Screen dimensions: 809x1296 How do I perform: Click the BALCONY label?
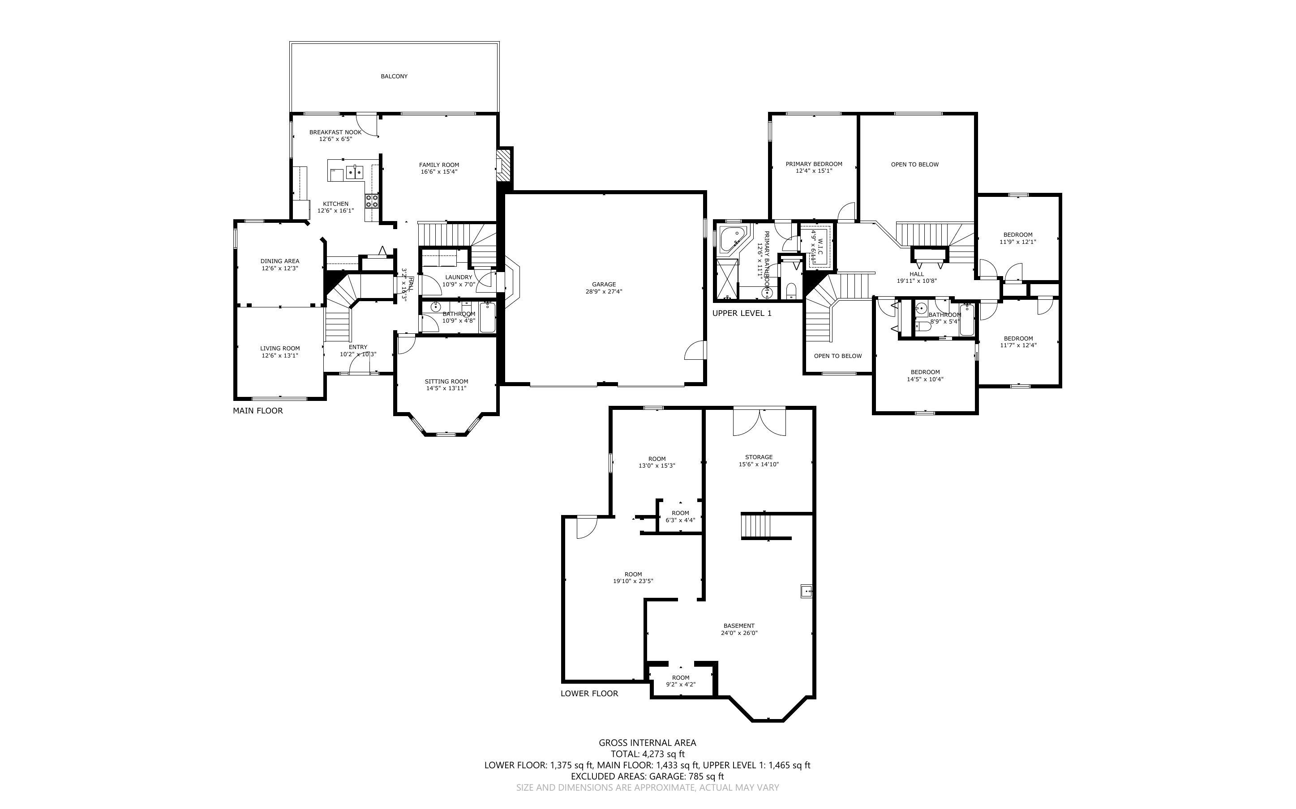394,77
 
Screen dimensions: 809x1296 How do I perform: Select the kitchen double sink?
354,172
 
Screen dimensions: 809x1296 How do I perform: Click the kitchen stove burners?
372,200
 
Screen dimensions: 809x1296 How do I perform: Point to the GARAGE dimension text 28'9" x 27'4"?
604,292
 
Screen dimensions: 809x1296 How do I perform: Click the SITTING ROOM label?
446,382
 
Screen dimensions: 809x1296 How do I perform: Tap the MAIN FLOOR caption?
257,410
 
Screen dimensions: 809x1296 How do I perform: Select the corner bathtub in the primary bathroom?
731,239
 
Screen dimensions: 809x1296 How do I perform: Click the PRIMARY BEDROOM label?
814,164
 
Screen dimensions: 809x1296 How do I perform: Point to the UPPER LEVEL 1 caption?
742,313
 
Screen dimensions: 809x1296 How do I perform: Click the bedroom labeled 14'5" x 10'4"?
925,375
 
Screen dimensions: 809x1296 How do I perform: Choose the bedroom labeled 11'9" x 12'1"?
1017,238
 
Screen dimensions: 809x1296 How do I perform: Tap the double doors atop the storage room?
759,421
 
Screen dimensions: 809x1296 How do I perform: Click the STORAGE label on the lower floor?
759,457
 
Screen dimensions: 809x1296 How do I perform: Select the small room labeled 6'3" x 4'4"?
680,516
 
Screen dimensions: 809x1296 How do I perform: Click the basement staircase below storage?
756,527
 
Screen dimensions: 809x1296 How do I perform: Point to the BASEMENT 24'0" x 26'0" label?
739,629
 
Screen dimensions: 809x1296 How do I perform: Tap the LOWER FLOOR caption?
589,693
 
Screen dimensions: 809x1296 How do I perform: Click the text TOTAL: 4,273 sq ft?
647,754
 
